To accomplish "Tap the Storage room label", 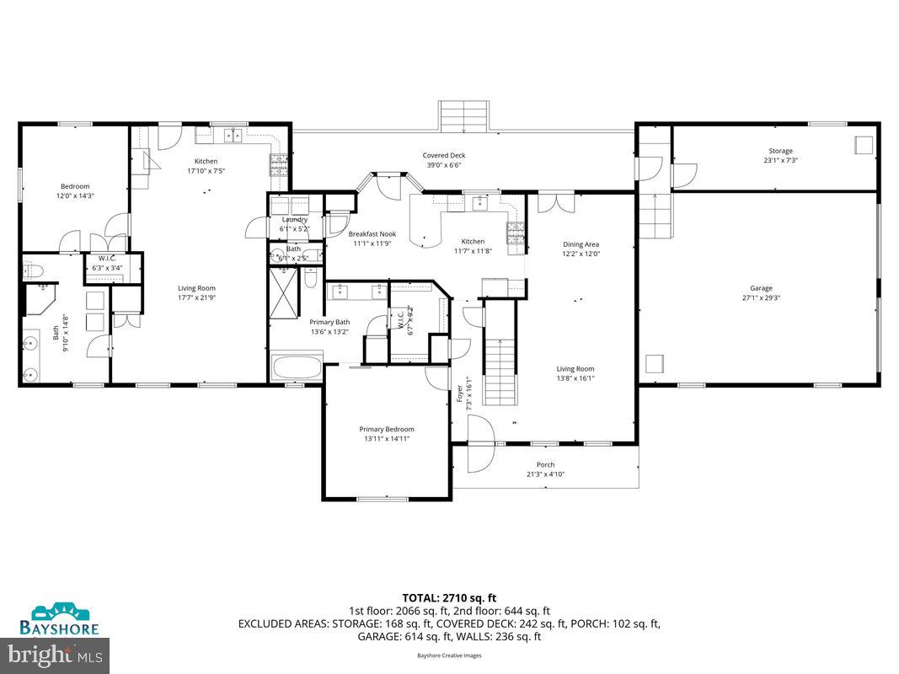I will [779, 152].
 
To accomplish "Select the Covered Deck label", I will [443, 156].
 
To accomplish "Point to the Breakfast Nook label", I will [372, 234].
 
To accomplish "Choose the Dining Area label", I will [581, 245].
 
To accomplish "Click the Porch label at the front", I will [545, 465].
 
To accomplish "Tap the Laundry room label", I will [294, 220].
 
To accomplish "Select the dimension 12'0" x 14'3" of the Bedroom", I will [74, 196].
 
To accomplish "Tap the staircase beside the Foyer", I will [500, 354].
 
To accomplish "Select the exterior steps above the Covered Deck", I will [463, 116].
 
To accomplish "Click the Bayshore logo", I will [59, 618].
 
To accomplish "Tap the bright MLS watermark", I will [56, 653].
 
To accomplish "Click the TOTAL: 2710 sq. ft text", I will [449, 598].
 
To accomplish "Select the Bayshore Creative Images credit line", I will [449, 655].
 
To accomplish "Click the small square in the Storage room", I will [864, 144].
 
